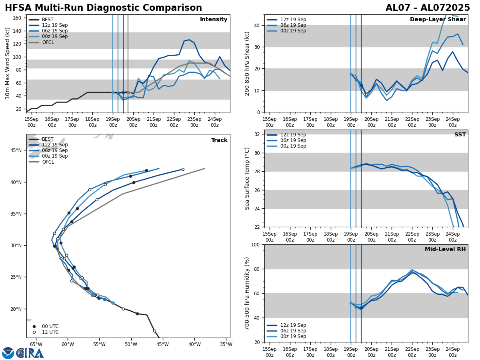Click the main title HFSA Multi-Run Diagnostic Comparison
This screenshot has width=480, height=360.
pyautogui.click(x=103, y=8)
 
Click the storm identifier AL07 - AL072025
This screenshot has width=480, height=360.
pyautogui.click(x=428, y=8)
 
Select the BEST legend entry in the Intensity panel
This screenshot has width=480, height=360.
pyautogui.click(x=48, y=20)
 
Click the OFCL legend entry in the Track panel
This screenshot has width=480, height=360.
pyautogui.click(x=48, y=162)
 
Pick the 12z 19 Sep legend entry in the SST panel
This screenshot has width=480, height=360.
pyautogui.click(x=293, y=135)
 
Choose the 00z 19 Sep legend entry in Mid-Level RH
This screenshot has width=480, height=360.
pyautogui.click(x=293, y=336)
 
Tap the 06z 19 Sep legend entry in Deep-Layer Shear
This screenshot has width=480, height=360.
pyautogui.click(x=293, y=25)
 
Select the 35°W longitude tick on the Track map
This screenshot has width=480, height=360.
pyautogui.click(x=226, y=344)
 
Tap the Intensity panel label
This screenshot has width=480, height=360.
pyautogui.click(x=214, y=20)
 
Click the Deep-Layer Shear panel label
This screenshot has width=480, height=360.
pyautogui.click(x=438, y=20)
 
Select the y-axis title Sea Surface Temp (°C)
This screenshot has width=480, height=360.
pyautogui.click(x=247, y=178)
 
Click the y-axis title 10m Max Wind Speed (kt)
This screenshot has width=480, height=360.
pyautogui.click(x=8, y=63)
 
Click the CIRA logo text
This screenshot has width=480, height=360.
pyautogui.click(x=30, y=353)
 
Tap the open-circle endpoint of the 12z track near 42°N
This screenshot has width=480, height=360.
pyautogui.click(x=183, y=169)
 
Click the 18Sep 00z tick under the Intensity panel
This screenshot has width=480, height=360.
pyautogui.click(x=92, y=122)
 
